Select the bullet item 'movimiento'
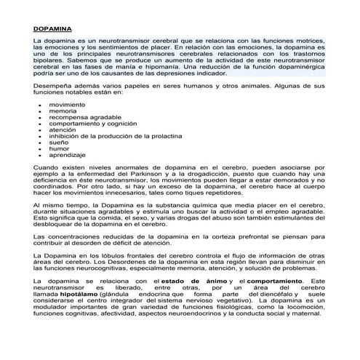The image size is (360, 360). point(66,105)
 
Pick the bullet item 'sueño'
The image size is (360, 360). point(58,143)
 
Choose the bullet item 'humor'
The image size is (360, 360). point(59,149)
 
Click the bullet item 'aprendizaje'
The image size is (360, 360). point(66,156)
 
